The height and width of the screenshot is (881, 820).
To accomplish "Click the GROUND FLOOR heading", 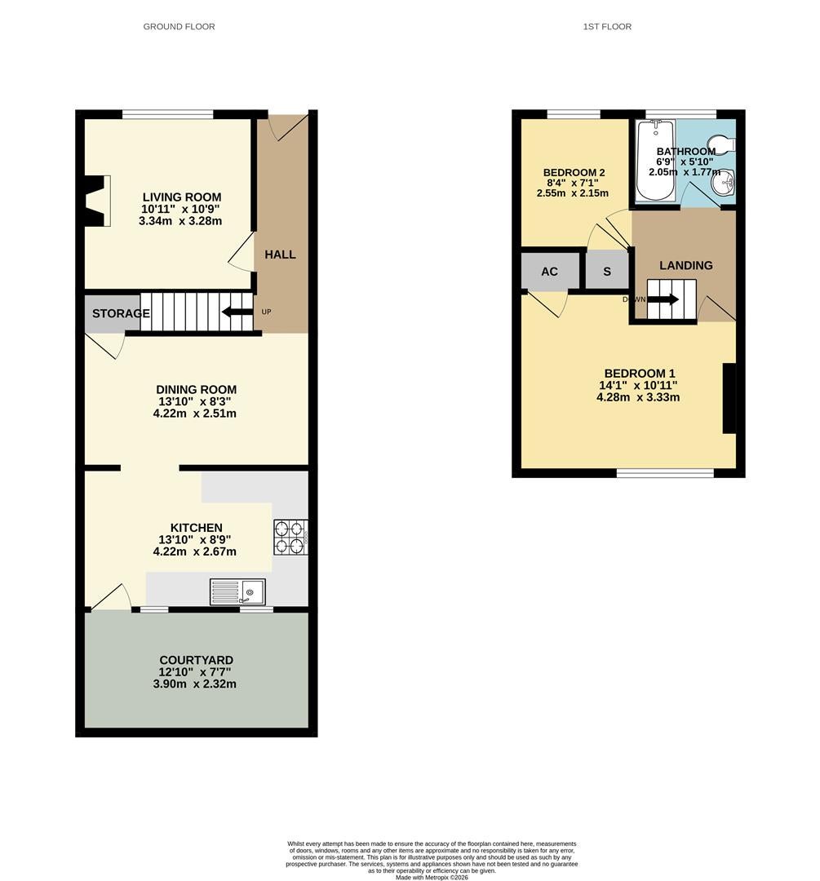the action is [179, 26].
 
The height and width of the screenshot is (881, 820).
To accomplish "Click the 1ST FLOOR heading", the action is [607, 26].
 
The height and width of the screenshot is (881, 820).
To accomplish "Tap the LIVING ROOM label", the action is [181, 197].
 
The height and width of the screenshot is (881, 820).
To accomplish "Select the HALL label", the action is [280, 255].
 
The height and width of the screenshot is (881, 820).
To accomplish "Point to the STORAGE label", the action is [121, 313].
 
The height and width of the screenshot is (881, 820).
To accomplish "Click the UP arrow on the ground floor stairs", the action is [237, 312].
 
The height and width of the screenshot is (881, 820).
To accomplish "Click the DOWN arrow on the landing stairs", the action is [663, 299].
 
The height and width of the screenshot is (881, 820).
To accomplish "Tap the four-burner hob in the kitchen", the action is [290, 537].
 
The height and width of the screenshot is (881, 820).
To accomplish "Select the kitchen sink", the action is [237, 591].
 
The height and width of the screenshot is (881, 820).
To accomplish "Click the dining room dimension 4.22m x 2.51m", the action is [194, 414].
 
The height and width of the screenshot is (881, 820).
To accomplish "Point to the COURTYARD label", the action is [196, 660].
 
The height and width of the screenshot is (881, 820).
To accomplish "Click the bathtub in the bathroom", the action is [655, 161].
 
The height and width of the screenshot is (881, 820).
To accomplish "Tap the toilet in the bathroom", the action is [721, 144].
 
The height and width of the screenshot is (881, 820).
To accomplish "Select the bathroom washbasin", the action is [726, 183].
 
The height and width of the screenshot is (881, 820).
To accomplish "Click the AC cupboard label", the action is [549, 272].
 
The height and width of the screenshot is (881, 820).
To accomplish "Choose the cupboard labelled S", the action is [607, 272].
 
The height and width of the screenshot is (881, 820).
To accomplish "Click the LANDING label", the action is [685, 265].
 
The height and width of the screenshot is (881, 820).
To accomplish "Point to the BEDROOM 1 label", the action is [640, 374].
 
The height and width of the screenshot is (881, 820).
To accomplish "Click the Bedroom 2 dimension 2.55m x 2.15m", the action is [573, 193].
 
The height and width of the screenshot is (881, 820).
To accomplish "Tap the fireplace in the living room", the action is [96, 201].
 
